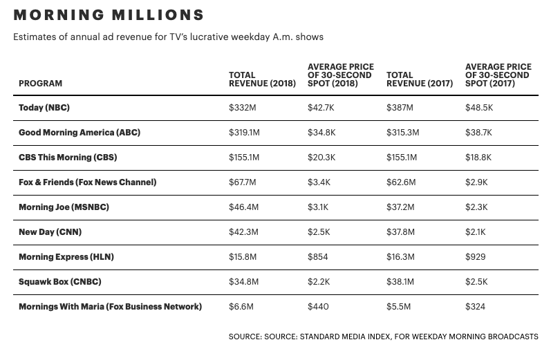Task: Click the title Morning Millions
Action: [109, 15]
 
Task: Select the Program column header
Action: [40, 84]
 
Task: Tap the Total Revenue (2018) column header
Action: [262, 79]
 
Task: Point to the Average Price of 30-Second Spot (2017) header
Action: [497, 75]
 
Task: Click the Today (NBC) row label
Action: [44, 108]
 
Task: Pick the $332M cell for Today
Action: [242, 108]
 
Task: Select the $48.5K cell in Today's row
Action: [479, 108]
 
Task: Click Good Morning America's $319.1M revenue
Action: [244, 133]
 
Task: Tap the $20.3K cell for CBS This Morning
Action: [321, 158]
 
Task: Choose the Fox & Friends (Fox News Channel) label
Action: [88, 182]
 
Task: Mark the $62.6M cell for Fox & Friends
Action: [400, 182]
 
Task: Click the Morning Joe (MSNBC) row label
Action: [64, 207]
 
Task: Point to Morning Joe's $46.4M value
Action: [244, 207]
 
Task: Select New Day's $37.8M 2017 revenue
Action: [400, 232]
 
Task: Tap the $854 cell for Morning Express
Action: [317, 257]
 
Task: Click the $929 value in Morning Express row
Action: [475, 257]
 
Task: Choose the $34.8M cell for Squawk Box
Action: [244, 282]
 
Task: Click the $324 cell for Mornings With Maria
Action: [475, 307]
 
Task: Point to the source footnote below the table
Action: [383, 337]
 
